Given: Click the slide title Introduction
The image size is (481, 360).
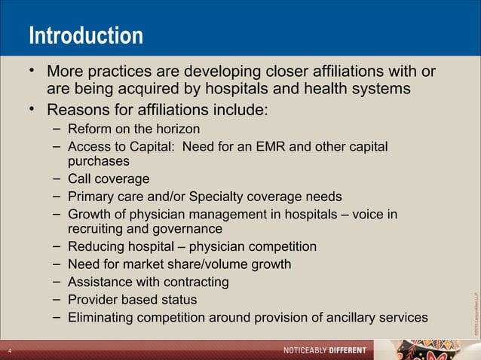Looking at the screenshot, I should coord(85,35).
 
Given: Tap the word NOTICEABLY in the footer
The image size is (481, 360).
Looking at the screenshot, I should coord(310,351).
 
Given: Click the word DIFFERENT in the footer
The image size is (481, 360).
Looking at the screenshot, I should coord(351,351).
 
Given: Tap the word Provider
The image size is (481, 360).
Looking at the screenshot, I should coord(93,300).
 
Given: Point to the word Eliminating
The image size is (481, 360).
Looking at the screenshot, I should coord(100,318).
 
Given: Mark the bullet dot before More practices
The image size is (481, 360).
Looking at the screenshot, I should coord(32,72).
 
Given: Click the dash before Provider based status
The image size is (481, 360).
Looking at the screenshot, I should coord(57,300).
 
